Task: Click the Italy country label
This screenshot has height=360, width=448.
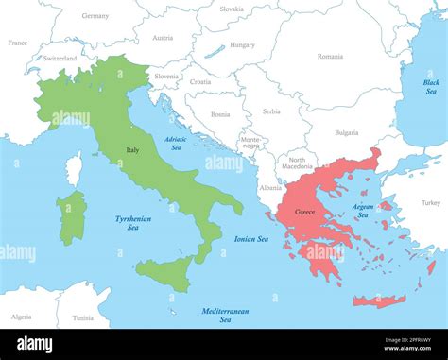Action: (133, 149)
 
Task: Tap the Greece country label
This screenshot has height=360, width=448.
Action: (304, 212)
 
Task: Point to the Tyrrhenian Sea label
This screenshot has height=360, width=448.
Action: (133, 223)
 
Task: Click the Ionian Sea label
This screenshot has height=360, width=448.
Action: (251, 239)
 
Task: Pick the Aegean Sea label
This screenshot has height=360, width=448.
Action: (363, 211)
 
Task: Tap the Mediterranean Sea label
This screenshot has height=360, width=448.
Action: (226, 316)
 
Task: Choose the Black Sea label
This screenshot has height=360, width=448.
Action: (431, 86)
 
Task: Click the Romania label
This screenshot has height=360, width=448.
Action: (330, 57)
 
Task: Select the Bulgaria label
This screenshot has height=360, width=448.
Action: (346, 133)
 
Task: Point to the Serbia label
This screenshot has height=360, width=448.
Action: (271, 111)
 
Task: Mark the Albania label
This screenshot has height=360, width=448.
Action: (270, 188)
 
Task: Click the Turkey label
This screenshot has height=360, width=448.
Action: (431, 203)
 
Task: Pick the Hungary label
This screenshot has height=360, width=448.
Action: (242, 44)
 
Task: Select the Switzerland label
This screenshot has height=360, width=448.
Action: (60, 59)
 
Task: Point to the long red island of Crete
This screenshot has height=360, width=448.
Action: (379, 301)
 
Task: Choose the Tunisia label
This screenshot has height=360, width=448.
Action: (83, 317)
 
